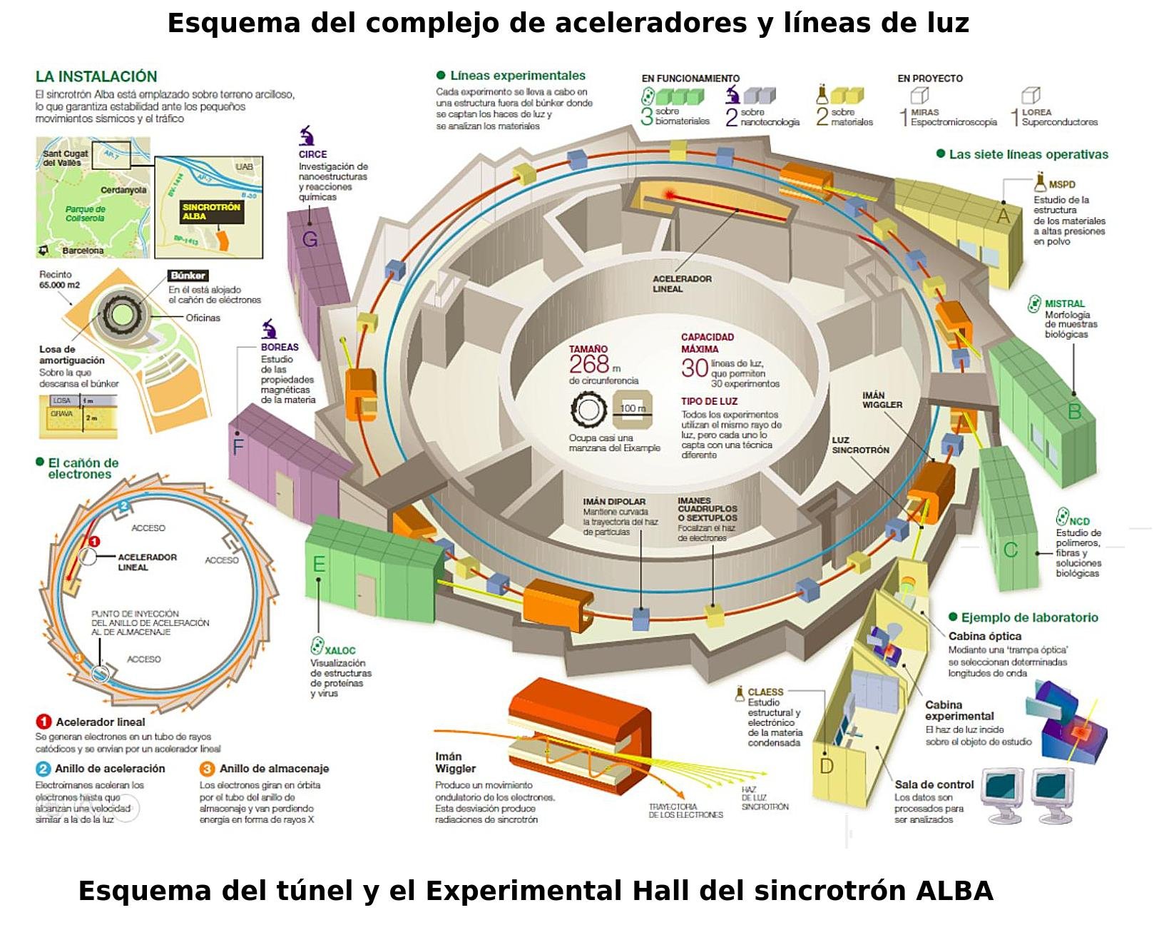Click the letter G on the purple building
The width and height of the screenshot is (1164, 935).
pyautogui.click(x=310, y=239)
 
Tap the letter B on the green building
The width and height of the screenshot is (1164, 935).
pyautogui.click(x=1074, y=412)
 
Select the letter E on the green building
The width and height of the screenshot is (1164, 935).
pyautogui.click(x=319, y=565)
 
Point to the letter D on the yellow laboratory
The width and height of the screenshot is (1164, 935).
pyautogui.click(x=827, y=767)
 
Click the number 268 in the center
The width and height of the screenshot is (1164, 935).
pyautogui.click(x=589, y=364)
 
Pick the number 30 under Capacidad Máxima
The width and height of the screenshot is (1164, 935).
pyautogui.click(x=694, y=368)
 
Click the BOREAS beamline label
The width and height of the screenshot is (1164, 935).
pyautogui.click(x=280, y=347)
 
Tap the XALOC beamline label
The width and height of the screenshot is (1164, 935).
pyautogui.click(x=339, y=650)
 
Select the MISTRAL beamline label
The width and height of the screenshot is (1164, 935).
pyautogui.click(x=1064, y=303)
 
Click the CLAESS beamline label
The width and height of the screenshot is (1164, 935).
pyautogui.click(x=765, y=692)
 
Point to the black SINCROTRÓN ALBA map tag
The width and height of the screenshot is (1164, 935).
pyautogui.click(x=211, y=211)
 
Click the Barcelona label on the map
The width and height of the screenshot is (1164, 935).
pyautogui.click(x=83, y=251)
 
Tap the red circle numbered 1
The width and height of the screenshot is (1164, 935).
pyautogui.click(x=44, y=722)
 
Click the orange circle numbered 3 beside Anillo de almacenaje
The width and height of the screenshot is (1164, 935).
pyautogui.click(x=207, y=769)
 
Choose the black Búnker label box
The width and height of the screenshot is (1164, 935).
pyautogui.click(x=188, y=276)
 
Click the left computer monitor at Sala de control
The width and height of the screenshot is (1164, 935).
pyautogui.click(x=1003, y=789)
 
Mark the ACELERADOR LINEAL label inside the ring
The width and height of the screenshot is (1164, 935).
pyautogui.click(x=682, y=283)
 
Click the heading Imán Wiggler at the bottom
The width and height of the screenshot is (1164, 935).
pyautogui.click(x=455, y=762)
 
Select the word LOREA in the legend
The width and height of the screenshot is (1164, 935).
pyautogui.click(x=1036, y=112)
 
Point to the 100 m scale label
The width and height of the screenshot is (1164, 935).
pyautogui.click(x=633, y=408)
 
